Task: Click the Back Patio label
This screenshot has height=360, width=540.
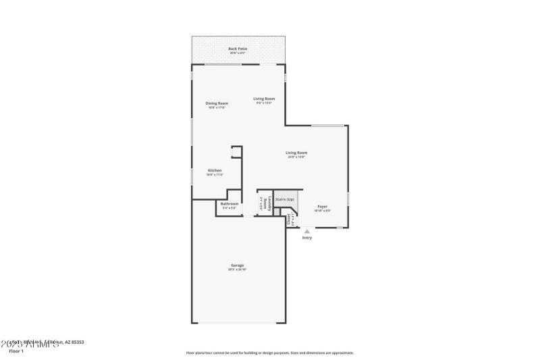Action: pos(238,49)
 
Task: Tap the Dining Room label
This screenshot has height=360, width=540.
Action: pos(217,103)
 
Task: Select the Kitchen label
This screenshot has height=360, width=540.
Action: pos(215,170)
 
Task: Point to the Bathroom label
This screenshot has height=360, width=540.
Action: pos(230,203)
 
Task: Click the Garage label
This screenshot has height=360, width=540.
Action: pos(237,265)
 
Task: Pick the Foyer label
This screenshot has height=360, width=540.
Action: pos(323,206)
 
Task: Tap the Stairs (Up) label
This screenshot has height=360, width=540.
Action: pos(285,199)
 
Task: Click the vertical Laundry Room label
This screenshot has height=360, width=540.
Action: pos(269,204)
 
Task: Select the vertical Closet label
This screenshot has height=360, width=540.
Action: pos(289,219)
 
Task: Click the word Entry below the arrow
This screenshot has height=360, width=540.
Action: pos(307,238)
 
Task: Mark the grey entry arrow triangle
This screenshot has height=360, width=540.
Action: pos(307,231)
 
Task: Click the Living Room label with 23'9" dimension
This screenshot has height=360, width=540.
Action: pos(296,153)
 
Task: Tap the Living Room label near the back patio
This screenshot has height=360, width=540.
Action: pos(264,99)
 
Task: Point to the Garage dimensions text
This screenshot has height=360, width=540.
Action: pos(237,269)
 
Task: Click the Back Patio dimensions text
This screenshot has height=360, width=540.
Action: pos(238,53)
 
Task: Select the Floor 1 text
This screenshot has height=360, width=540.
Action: pos(16,351)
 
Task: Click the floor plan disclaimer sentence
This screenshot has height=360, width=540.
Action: pos(269,353)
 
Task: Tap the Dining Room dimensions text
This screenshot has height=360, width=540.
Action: pos(217,107)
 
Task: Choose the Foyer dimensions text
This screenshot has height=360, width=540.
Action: pos(323,211)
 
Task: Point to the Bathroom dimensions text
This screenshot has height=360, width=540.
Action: pos(230,208)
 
